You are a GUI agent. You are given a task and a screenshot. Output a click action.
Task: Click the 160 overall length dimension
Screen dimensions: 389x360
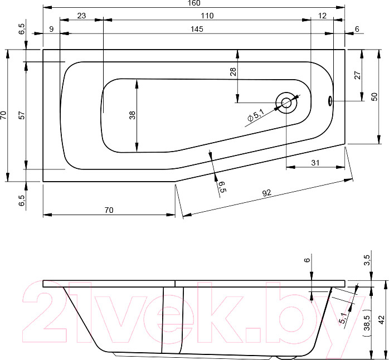pos(194,3)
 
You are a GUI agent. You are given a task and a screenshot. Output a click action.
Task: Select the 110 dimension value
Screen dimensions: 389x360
pos(207,16)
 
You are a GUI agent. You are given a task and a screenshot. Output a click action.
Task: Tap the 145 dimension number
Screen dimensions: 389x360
pos(197,29)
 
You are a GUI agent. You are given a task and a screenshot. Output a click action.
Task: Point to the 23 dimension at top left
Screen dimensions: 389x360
pos(81,16)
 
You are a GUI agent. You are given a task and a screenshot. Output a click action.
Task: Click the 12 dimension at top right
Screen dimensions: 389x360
pos(322,16)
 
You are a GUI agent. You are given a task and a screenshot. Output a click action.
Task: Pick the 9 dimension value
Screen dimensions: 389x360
pos(51,29)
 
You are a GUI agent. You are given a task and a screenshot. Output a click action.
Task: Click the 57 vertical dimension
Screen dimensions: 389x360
pos(22,115)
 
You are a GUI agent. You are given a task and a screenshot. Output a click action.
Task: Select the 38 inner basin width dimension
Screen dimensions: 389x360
pos(132,115)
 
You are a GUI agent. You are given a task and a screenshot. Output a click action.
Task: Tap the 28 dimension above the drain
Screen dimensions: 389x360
pos(233,72)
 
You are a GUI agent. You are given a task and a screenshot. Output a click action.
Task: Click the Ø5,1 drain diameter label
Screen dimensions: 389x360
pos(256,115)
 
